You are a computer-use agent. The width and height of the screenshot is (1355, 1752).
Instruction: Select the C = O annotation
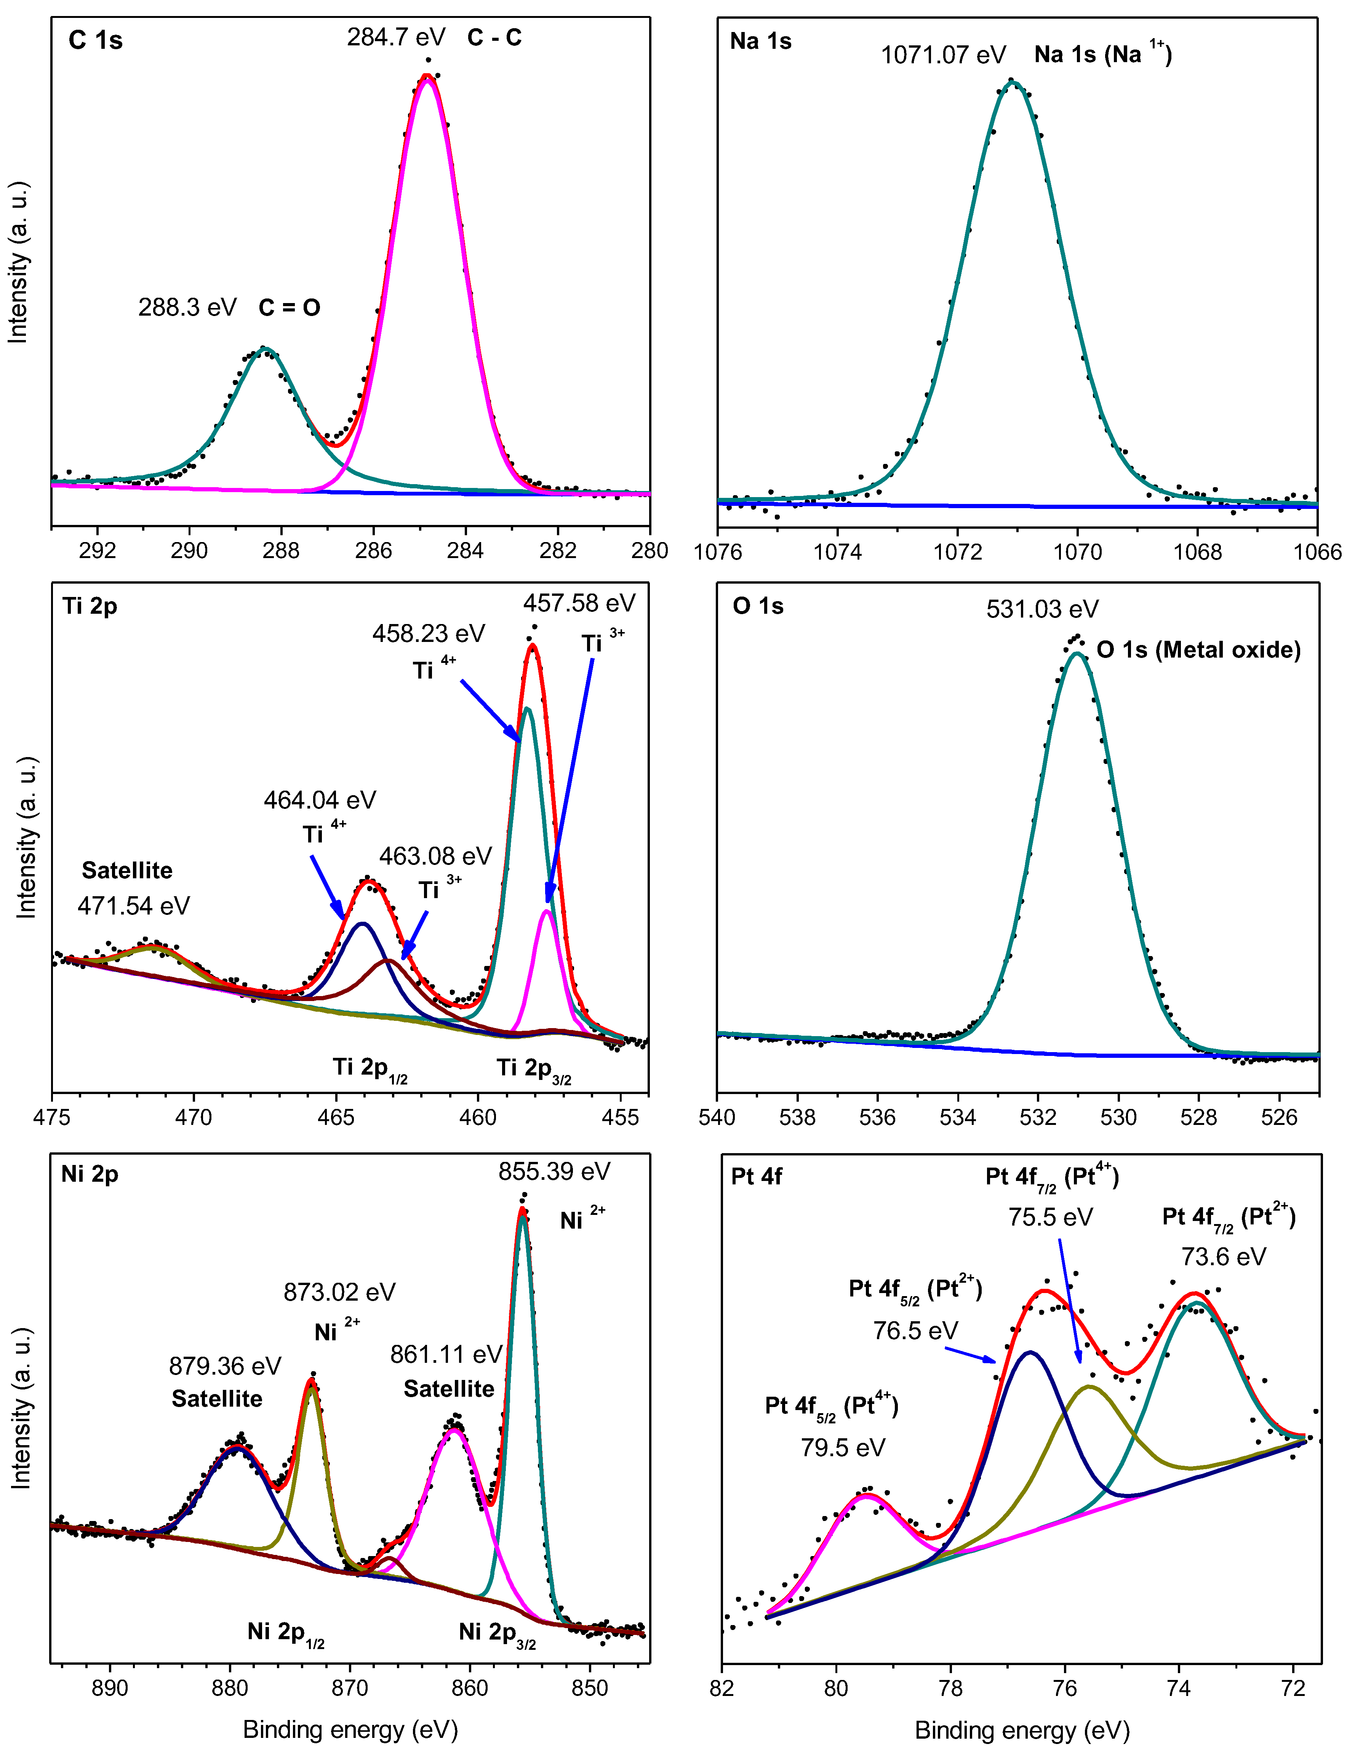290,308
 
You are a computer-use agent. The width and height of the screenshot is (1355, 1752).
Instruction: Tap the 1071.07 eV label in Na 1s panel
943,55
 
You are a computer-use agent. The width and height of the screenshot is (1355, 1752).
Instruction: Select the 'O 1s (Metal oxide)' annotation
1198,650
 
